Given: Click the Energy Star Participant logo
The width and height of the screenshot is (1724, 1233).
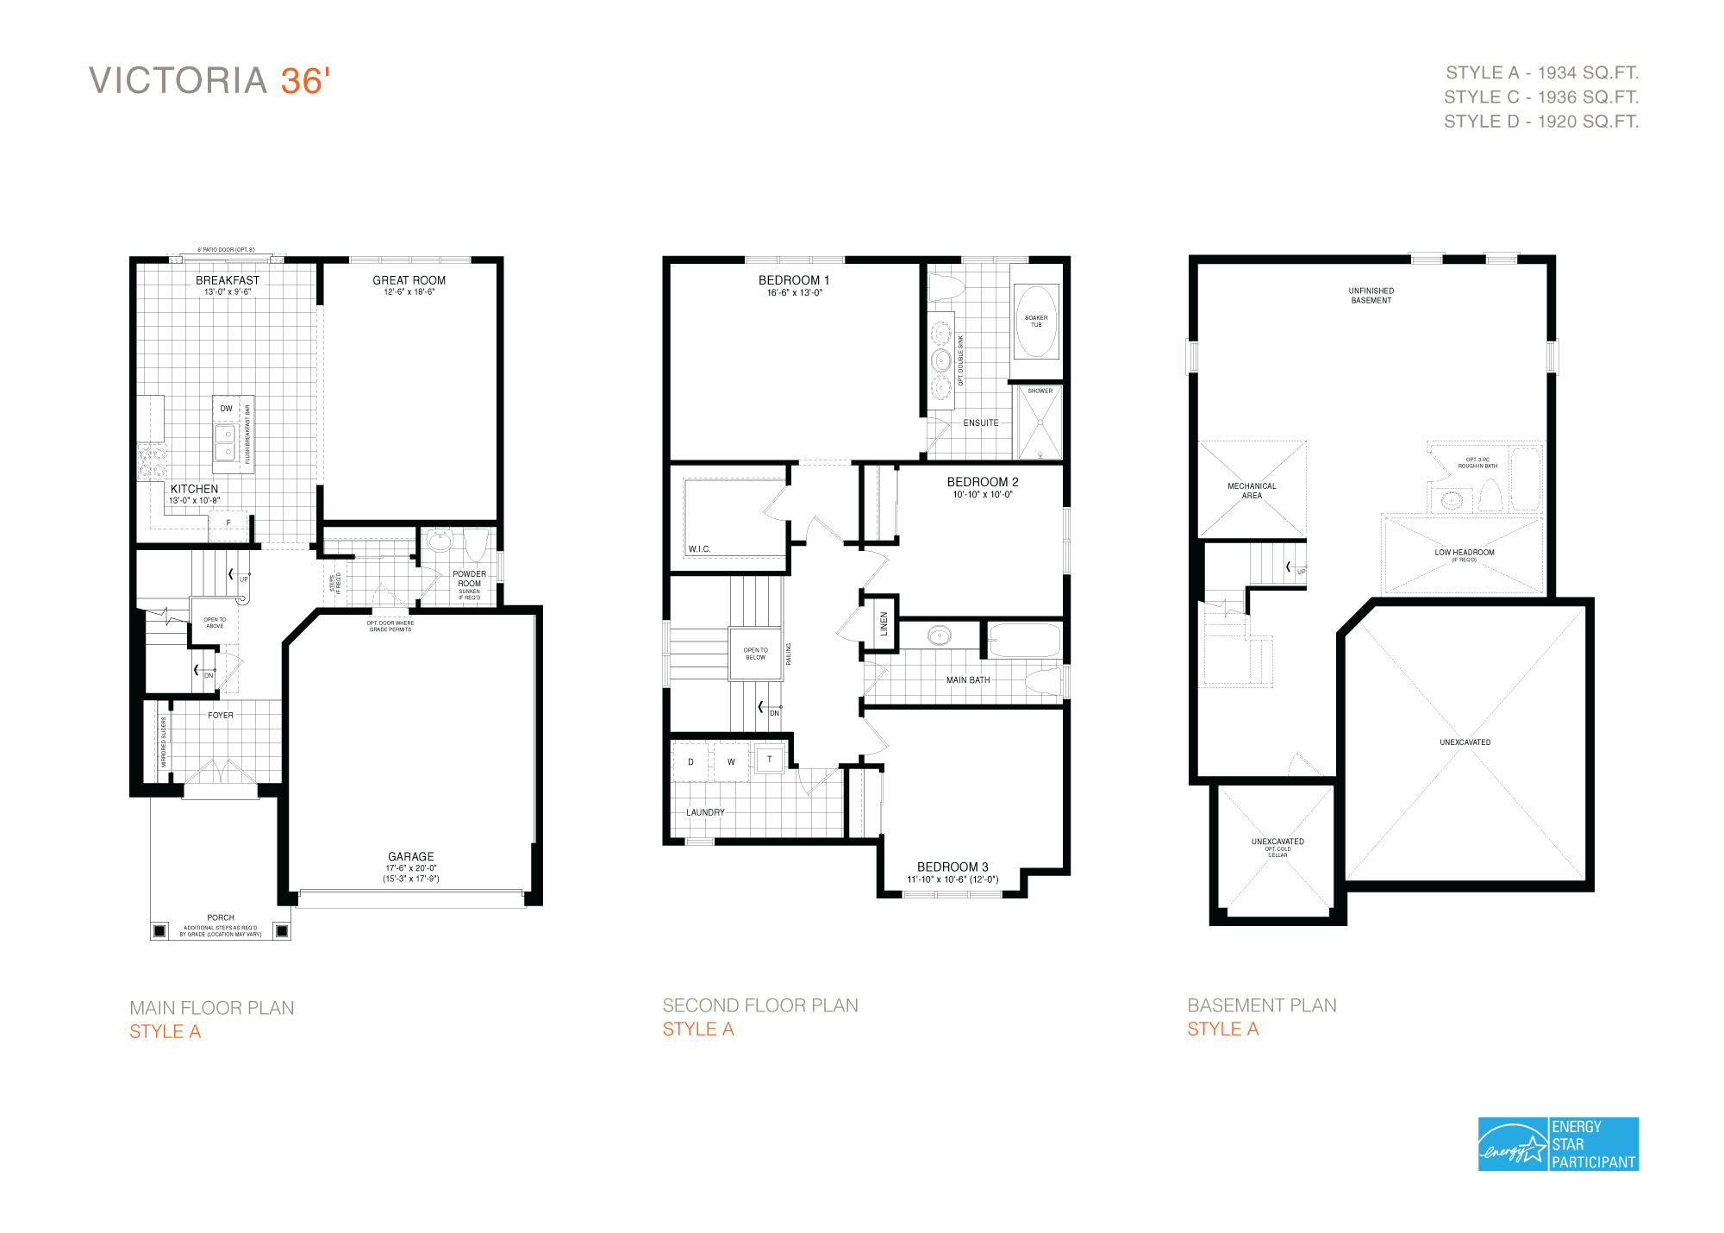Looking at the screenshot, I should [1558, 1144].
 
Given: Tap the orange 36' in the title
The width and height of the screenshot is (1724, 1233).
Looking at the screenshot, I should [305, 81].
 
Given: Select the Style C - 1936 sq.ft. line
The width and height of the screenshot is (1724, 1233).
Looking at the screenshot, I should [1541, 97].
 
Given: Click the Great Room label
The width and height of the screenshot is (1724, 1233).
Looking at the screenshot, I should [409, 280].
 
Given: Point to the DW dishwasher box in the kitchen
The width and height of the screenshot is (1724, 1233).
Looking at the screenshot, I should [226, 409].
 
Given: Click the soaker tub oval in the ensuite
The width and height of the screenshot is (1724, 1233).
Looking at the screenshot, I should [1036, 322].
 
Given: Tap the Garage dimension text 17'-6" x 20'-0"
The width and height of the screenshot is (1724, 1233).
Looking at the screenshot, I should [411, 868].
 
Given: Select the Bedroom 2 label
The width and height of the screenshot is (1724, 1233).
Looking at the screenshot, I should [982, 482].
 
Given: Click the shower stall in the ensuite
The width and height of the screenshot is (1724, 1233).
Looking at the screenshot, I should [1040, 424].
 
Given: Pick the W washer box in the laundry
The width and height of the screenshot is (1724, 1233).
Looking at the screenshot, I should [731, 762].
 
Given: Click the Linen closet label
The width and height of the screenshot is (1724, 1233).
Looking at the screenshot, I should [884, 624].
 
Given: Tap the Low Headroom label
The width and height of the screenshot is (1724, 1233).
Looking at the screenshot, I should [1464, 553].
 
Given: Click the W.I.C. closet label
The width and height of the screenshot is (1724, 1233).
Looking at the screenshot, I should [699, 549].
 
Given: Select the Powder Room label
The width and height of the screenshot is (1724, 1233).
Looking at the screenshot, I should [469, 579].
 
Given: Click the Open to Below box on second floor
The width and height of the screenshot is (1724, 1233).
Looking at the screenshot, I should [755, 654].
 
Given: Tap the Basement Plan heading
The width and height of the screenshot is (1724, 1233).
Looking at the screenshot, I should [1261, 1005].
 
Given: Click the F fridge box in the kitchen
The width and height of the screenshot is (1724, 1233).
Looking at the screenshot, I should [228, 523].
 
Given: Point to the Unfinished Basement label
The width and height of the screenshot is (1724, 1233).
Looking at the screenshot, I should [1371, 296].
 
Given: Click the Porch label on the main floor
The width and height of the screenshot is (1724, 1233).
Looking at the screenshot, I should [221, 917].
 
